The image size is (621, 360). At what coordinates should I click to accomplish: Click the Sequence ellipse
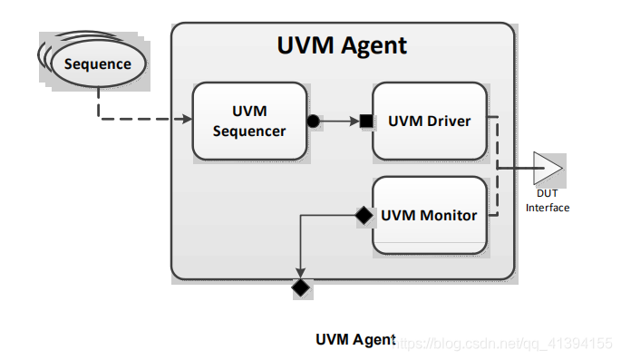(97, 64)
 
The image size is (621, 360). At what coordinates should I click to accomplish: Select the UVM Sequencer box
(249, 121)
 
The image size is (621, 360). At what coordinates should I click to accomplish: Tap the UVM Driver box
(430, 120)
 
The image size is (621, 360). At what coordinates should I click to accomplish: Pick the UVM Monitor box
(430, 216)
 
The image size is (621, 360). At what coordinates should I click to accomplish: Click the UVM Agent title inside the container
(342, 44)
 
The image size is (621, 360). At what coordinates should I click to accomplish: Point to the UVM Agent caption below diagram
(354, 340)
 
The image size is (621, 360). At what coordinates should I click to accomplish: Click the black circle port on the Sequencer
(313, 121)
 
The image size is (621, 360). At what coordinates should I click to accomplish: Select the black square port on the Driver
(366, 121)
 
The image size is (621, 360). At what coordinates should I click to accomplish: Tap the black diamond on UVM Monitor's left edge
(363, 216)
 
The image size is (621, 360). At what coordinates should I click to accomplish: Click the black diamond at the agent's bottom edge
(300, 288)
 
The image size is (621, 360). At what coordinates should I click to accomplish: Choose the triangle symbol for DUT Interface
(547, 168)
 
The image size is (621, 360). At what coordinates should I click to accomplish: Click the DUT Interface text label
(548, 201)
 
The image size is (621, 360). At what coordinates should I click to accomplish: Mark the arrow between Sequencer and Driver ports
(340, 121)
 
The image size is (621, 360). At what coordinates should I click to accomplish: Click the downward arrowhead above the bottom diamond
(300, 273)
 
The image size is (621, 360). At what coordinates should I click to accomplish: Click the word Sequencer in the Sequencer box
(249, 131)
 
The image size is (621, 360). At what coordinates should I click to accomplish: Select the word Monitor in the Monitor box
(447, 216)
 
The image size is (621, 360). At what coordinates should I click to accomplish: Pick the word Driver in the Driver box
(448, 121)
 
